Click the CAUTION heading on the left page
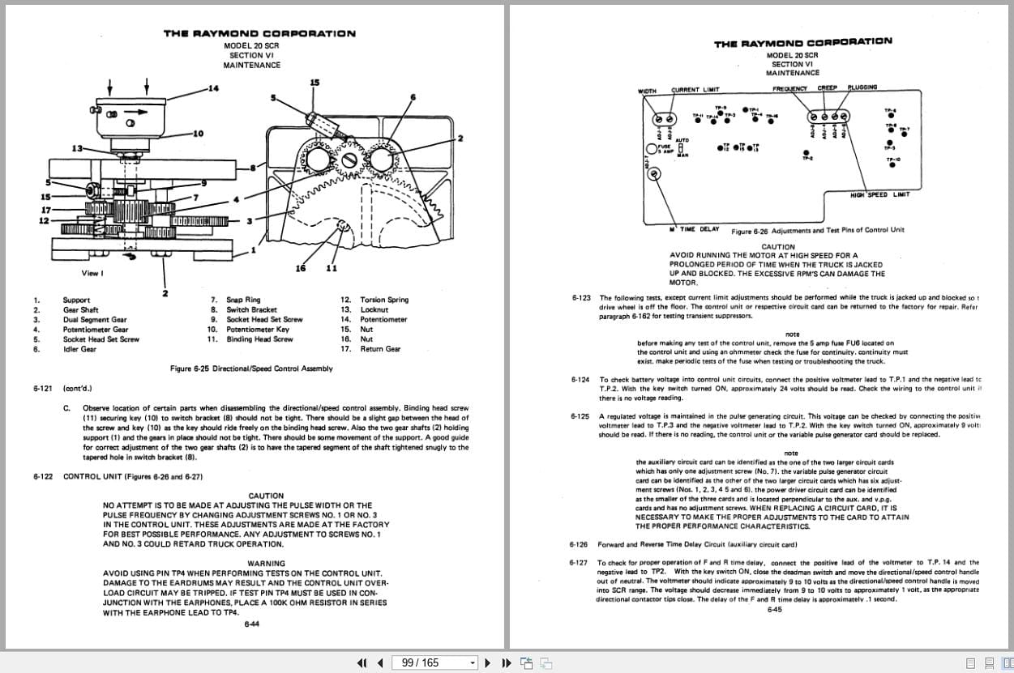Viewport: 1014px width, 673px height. [x=266, y=496]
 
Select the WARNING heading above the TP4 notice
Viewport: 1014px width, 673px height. [x=266, y=564]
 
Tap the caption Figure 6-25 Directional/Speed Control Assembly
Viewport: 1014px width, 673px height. [x=251, y=368]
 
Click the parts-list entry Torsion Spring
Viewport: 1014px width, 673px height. [x=384, y=300]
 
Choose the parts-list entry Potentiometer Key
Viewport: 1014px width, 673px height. [x=257, y=330]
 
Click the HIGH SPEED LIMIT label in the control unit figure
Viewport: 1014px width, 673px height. [x=879, y=194]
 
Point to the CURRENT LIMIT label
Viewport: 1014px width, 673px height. [x=695, y=90]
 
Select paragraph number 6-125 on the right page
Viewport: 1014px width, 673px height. [x=580, y=416]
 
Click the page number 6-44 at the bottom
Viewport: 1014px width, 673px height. [x=251, y=624]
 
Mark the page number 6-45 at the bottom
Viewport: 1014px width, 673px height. [x=775, y=610]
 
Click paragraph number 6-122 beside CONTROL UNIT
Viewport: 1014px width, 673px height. [x=44, y=476]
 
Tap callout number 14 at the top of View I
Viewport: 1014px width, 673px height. [x=213, y=87]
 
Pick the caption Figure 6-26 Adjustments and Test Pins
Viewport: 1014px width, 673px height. [x=817, y=231]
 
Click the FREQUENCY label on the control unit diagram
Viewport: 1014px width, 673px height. [x=789, y=88]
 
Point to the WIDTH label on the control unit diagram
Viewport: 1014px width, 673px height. [x=647, y=91]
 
